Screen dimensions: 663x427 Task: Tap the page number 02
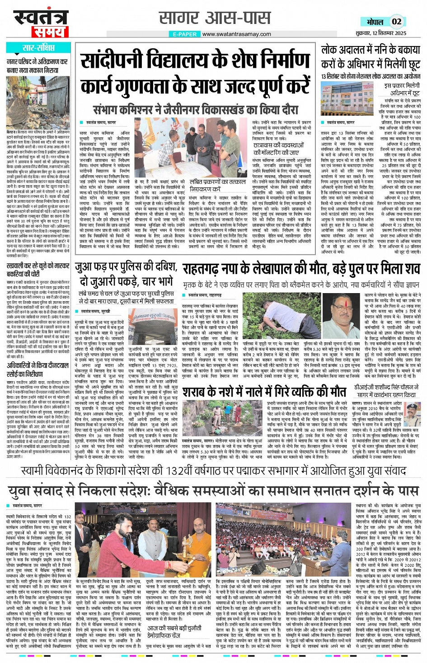(396, 22)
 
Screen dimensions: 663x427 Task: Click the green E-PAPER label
(185, 34)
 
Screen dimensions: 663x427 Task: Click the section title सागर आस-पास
(215, 18)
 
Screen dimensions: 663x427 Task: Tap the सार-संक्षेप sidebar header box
(38, 48)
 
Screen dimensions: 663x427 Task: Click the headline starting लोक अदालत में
(371, 56)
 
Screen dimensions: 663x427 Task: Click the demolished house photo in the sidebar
(38, 103)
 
